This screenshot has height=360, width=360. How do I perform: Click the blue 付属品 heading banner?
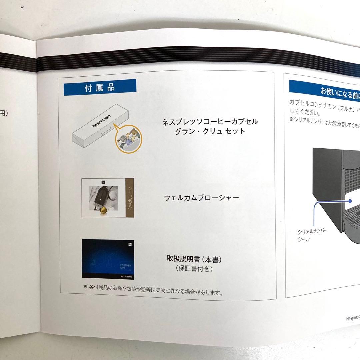(100, 88)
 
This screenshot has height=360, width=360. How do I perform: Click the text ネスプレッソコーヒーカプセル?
(210, 122)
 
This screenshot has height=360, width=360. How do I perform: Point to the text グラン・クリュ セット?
(210, 131)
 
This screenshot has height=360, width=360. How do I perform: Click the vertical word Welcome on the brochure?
(130, 198)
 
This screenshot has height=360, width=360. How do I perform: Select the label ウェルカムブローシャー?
(201, 198)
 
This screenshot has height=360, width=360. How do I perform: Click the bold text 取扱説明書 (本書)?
(194, 259)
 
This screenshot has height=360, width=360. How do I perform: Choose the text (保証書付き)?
(194, 269)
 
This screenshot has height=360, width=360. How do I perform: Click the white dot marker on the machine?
(351, 201)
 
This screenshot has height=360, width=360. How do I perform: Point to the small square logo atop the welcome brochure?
(103, 182)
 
